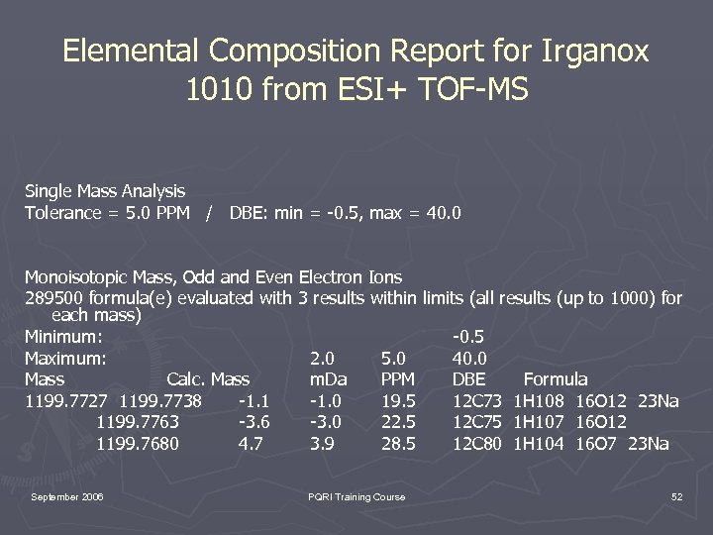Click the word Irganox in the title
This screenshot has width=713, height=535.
click(x=589, y=52)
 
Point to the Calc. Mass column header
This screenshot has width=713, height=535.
click(x=208, y=379)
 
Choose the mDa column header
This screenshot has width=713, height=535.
click(x=328, y=379)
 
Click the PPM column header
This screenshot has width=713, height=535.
click(x=398, y=379)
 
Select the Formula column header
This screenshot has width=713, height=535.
click(x=555, y=379)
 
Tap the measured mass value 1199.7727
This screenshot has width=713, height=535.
click(x=66, y=400)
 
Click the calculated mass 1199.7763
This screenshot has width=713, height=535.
click(x=138, y=422)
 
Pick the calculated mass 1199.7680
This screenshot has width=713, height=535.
click(x=138, y=444)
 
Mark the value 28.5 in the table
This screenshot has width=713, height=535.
click(x=398, y=444)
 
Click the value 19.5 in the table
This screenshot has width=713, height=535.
click(x=398, y=400)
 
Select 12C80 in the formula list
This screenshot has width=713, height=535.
click(x=478, y=444)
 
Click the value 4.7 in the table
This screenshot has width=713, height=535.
click(x=251, y=444)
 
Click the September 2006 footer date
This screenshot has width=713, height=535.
click(x=67, y=496)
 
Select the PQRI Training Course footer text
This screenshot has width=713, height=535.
click(x=356, y=496)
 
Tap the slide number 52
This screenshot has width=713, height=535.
click(x=676, y=496)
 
